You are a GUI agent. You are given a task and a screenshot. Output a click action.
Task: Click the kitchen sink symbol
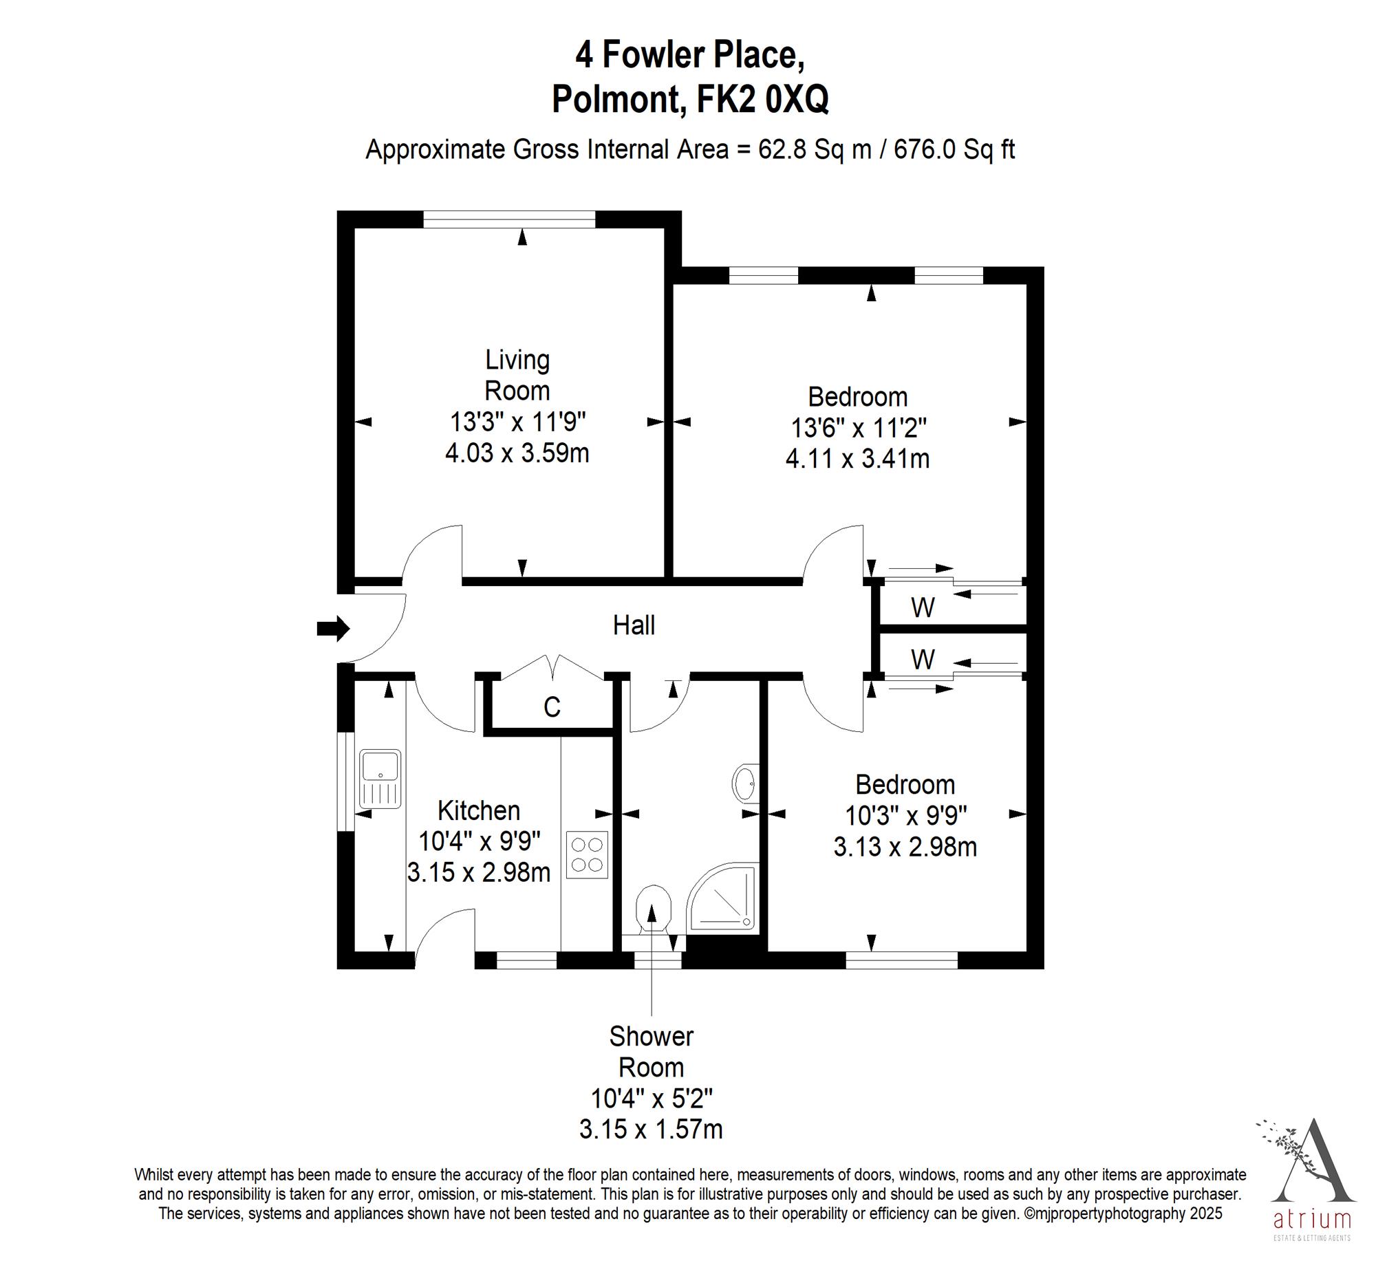[x=380, y=779]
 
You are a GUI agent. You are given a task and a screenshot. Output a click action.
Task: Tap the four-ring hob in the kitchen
[x=587, y=855]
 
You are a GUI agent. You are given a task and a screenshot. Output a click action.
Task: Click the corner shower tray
[x=722, y=897]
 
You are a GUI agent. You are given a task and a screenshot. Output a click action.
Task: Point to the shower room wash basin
[x=746, y=783]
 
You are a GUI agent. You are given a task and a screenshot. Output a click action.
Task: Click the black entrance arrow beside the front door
[x=333, y=628]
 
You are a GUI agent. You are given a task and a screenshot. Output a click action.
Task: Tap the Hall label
[x=634, y=625]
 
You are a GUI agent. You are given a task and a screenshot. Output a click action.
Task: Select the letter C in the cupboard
[x=552, y=706]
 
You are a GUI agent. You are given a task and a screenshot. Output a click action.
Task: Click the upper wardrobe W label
[x=923, y=607]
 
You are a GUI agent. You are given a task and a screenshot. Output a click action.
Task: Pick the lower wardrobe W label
[x=923, y=660]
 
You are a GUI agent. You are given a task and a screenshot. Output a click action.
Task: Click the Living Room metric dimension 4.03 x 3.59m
[x=517, y=453]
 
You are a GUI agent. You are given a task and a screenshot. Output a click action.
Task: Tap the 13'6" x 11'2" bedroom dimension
[x=858, y=428]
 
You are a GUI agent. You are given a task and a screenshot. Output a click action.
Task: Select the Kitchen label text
[x=478, y=810]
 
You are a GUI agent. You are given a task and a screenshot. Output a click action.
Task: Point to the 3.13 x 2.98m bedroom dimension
[x=905, y=847]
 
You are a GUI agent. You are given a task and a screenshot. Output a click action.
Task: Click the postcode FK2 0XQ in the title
[x=762, y=99]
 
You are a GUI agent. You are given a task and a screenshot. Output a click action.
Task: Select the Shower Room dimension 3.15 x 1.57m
[x=651, y=1130]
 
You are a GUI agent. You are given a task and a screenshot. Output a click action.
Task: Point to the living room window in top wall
[x=508, y=219]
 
